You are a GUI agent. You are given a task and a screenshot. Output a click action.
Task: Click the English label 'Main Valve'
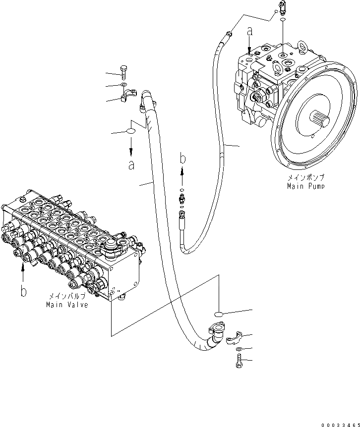pos(67,305)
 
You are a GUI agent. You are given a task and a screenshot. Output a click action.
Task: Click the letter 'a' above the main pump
pos(250,31)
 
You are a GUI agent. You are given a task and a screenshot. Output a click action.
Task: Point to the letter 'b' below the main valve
pos(23,291)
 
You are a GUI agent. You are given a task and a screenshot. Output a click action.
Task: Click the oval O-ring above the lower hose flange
pos(221,314)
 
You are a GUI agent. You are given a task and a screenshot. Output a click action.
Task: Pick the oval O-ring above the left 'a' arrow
pos(130,132)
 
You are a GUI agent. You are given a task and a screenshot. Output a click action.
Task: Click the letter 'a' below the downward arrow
pos(131,165)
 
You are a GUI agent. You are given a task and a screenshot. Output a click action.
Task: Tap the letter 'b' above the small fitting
pos(182,159)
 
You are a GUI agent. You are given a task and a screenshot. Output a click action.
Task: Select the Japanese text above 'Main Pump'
pos(305,177)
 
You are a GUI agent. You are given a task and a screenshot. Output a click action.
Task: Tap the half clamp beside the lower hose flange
pos(234,338)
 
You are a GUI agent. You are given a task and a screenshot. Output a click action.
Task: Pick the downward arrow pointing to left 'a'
pos(131,146)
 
